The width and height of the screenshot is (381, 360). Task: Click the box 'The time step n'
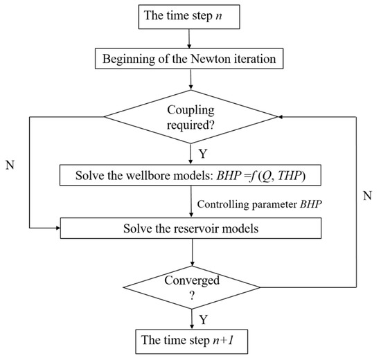190,16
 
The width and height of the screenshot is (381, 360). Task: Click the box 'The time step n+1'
190,341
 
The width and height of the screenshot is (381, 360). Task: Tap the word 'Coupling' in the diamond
190,109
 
